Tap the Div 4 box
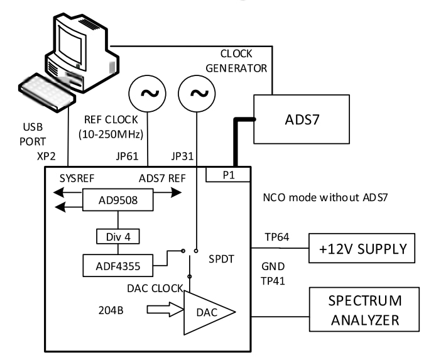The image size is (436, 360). tap(117, 237)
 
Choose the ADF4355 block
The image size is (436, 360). tap(116, 266)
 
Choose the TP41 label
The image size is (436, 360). tap(272, 281)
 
